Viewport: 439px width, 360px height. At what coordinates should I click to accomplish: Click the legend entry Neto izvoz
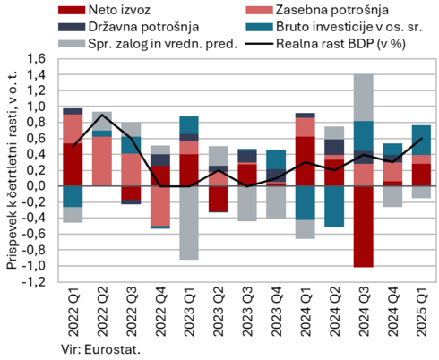pyautogui.click(x=105, y=10)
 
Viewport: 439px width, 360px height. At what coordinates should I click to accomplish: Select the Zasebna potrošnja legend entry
pyautogui.click(x=317, y=10)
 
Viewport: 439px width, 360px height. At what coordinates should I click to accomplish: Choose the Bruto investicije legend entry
pyautogui.click(x=334, y=27)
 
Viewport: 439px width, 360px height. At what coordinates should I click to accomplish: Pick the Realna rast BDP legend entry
pyautogui.click(x=325, y=44)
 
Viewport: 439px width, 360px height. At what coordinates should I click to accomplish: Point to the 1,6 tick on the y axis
pyautogui.click(x=36, y=58)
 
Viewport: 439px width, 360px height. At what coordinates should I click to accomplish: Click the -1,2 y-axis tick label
pyautogui.click(x=34, y=282)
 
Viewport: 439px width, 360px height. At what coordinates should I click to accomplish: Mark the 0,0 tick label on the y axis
pyautogui.click(x=36, y=186)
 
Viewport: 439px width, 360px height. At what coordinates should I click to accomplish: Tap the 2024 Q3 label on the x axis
pyautogui.click(x=364, y=312)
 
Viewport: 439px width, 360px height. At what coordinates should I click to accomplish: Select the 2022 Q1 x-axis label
pyautogui.click(x=73, y=312)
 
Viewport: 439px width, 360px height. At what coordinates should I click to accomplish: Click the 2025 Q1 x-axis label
pyautogui.click(x=422, y=312)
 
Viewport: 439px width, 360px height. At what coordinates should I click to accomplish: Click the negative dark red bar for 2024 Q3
pyautogui.click(x=364, y=227)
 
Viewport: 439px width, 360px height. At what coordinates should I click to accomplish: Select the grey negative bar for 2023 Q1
pyautogui.click(x=189, y=223)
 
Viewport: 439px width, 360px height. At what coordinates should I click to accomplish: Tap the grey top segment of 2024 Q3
pyautogui.click(x=364, y=98)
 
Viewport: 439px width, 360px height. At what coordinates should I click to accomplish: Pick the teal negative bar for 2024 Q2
pyautogui.click(x=334, y=207)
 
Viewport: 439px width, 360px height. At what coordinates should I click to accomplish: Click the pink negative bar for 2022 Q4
pyautogui.click(x=160, y=206)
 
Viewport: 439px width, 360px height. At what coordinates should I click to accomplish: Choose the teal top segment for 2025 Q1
pyautogui.click(x=421, y=141)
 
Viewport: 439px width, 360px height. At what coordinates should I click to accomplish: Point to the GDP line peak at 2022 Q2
pyautogui.click(x=102, y=115)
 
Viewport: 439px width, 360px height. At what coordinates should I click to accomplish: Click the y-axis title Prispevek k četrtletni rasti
pyautogui.click(x=13, y=170)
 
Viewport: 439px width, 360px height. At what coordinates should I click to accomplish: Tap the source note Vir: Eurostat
pyautogui.click(x=101, y=349)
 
